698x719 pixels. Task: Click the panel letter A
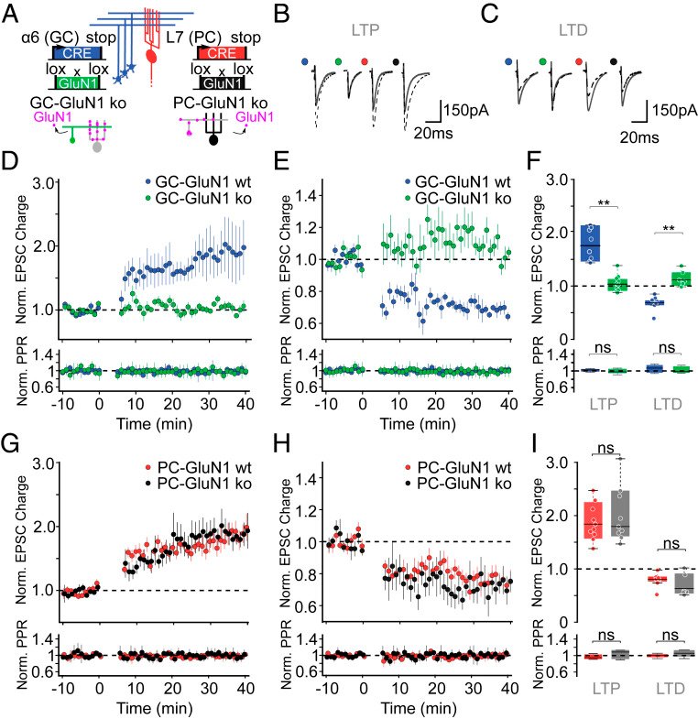click(x=13, y=13)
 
